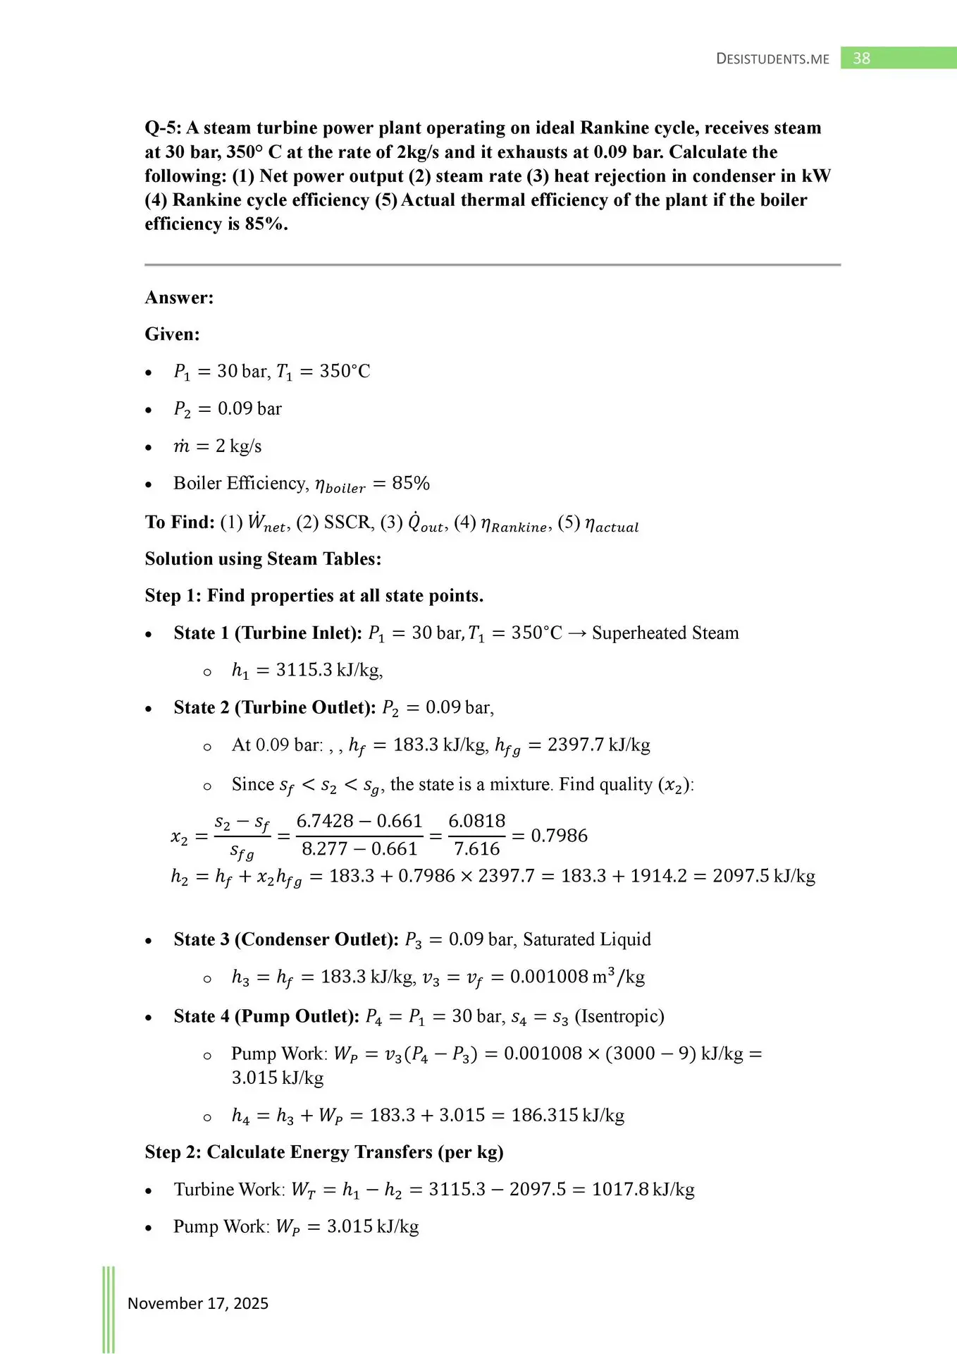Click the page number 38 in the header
pyautogui.click(x=861, y=59)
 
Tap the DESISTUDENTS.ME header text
pyautogui.click(x=772, y=59)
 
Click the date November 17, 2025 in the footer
pyautogui.click(x=197, y=1303)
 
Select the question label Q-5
pyautogui.click(x=162, y=128)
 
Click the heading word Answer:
pyautogui.click(x=179, y=298)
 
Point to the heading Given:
pyautogui.click(x=172, y=334)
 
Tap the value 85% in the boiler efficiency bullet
pyautogui.click(x=411, y=483)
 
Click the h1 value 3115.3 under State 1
pyautogui.click(x=304, y=670)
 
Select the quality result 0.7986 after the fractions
pyautogui.click(x=559, y=836)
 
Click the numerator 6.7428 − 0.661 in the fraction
pyautogui.click(x=359, y=821)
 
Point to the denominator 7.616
pyautogui.click(x=476, y=849)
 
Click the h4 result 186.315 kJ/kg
pyautogui.click(x=567, y=1116)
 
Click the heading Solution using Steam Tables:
pyautogui.click(x=263, y=559)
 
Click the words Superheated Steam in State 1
pyautogui.click(x=665, y=633)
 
